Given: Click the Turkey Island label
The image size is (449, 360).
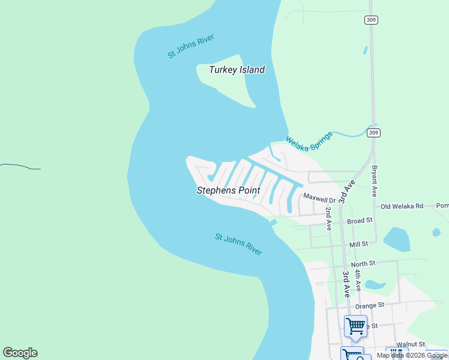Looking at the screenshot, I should (237, 70).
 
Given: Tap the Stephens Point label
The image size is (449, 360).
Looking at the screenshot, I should (228, 190).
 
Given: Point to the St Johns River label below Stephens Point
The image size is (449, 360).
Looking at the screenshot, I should (238, 244).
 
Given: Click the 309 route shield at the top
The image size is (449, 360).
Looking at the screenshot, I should (370, 20).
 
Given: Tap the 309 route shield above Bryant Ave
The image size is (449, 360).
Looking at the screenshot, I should (373, 132).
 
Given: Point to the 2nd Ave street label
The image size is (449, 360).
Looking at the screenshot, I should (329, 219).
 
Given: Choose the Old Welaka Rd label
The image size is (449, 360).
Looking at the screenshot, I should (402, 206).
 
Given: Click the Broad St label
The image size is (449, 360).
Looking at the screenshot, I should (360, 221).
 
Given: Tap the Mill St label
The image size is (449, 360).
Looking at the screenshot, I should (359, 245).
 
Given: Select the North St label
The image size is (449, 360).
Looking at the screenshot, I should (363, 263).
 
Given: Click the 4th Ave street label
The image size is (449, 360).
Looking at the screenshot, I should (357, 280).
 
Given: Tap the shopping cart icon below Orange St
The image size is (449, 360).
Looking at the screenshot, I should (355, 326).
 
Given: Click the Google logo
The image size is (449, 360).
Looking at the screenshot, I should (20, 353).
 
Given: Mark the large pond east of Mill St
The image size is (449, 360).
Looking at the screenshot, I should (396, 239).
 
